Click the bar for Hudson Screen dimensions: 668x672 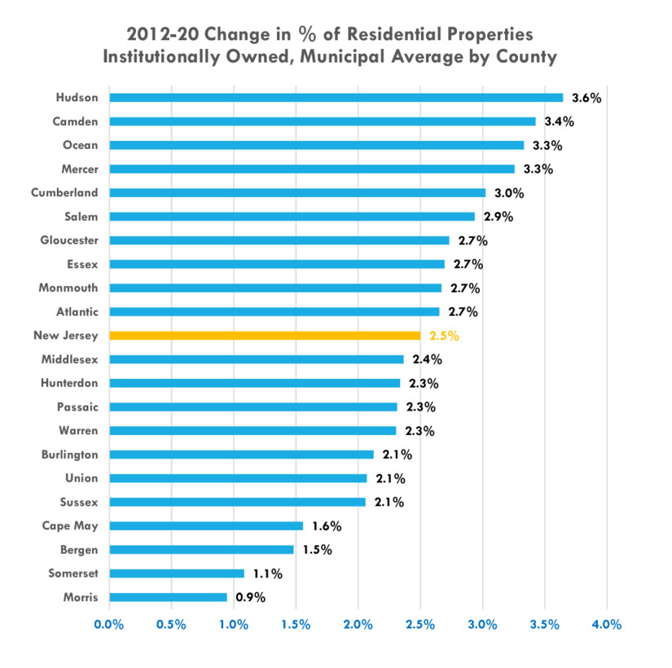click(336, 98)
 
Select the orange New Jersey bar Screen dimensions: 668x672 click(265, 335)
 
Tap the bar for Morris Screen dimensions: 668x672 click(168, 597)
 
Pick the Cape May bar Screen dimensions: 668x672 click(206, 526)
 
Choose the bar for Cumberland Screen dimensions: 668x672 click(297, 193)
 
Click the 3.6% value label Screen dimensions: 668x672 click(586, 98)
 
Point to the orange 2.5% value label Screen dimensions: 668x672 click(444, 335)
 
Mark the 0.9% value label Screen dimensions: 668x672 click(251, 597)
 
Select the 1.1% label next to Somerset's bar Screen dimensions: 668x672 click(267, 574)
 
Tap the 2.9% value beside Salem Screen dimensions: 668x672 click(499, 217)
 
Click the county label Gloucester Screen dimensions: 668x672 click(69, 240)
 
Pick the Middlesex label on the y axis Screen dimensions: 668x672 click(69, 358)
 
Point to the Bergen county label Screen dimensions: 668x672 click(79, 550)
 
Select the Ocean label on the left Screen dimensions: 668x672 click(80, 145)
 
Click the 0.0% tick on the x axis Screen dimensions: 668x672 click(109, 625)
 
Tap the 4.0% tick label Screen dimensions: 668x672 click(607, 625)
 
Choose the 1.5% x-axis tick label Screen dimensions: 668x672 click(296, 625)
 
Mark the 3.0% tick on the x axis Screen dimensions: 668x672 click(482, 625)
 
